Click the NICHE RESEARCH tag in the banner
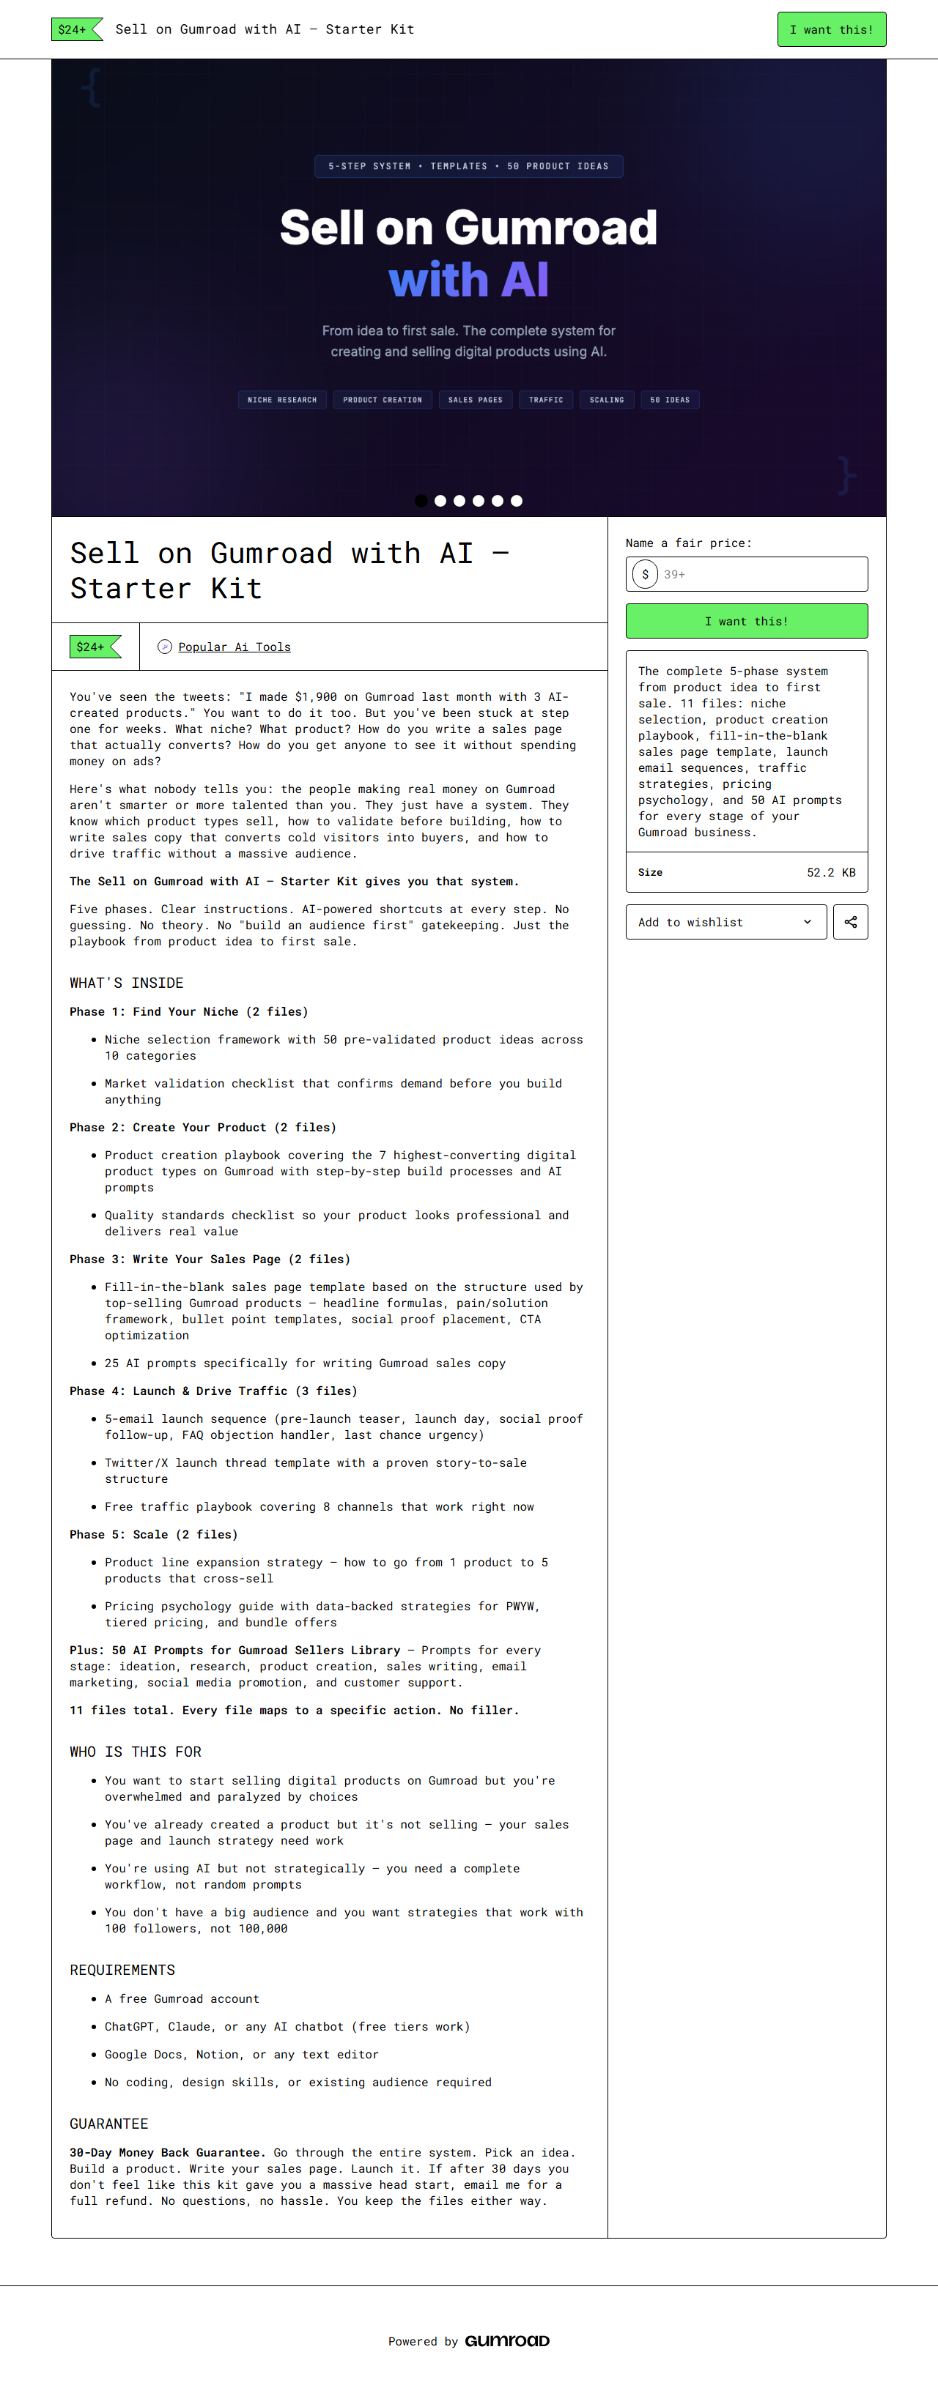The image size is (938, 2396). [x=282, y=400]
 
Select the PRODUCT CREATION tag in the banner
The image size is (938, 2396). [x=383, y=400]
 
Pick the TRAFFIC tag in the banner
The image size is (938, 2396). [x=546, y=400]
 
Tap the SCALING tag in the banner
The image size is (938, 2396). [x=607, y=400]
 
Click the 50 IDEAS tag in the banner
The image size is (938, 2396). [x=670, y=400]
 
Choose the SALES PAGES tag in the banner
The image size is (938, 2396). [x=476, y=400]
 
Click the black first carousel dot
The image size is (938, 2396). [x=421, y=500]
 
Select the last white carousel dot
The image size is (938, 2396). [x=517, y=500]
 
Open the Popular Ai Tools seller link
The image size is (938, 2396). [x=234, y=647]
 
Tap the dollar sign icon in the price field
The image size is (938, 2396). [x=645, y=574]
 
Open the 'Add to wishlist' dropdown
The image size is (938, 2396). [x=725, y=922]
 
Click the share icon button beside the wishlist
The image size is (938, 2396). [x=851, y=922]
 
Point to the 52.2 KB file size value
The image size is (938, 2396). [x=830, y=872]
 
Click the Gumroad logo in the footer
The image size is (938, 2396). [x=507, y=2340]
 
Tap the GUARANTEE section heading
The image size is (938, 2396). [x=109, y=2124]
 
